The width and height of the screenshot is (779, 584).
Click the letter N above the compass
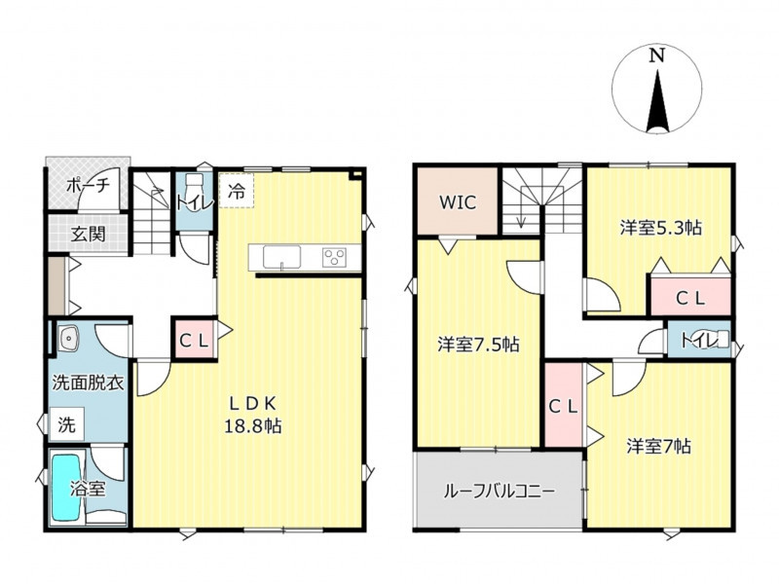point(657,55)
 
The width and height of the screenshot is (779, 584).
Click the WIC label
point(458,202)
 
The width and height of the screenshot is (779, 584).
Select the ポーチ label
point(88,186)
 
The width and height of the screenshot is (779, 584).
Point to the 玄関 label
point(88,234)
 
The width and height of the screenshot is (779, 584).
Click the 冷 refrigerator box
point(237,190)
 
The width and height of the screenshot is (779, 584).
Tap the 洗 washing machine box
point(66,424)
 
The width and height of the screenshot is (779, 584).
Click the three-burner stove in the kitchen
point(334,258)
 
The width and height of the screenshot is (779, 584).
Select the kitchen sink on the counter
point(281,257)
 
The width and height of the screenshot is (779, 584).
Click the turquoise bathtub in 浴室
point(66,487)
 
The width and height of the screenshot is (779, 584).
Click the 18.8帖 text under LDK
point(253,426)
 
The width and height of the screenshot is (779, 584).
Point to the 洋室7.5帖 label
point(478,344)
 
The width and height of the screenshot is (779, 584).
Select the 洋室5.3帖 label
point(661,228)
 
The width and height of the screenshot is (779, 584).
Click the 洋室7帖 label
point(658,447)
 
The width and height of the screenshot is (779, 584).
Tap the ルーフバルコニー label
point(499,492)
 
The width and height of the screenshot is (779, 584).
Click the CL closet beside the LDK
point(194,341)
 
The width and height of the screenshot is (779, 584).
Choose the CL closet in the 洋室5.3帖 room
point(690,298)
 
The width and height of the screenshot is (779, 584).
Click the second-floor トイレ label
point(698,342)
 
